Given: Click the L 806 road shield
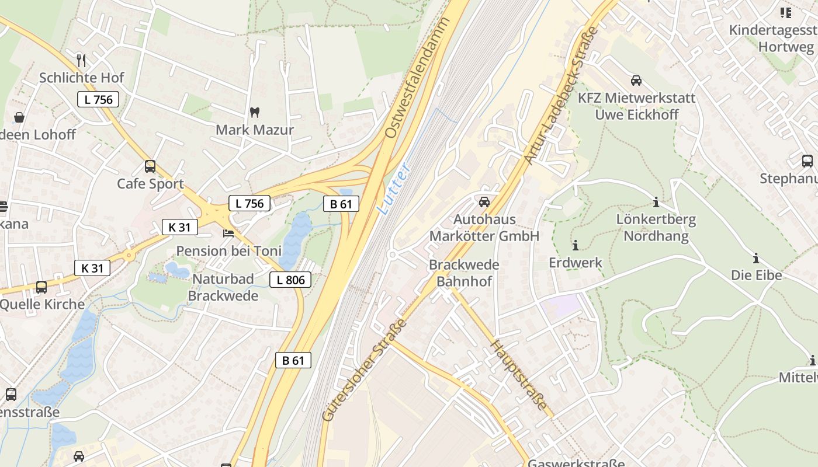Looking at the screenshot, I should click(x=290, y=280).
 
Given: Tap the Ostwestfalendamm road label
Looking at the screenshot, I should click(x=418, y=78).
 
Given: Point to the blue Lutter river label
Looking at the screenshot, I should click(x=394, y=188).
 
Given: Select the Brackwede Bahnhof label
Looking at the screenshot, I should click(x=464, y=273).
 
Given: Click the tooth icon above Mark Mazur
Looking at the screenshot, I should click(x=255, y=112).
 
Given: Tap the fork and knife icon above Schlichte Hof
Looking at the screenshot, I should click(x=81, y=60).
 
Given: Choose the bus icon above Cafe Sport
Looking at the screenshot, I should click(x=150, y=166).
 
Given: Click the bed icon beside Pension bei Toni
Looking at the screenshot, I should click(x=228, y=233).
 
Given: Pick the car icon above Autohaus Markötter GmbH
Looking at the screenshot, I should click(x=484, y=202).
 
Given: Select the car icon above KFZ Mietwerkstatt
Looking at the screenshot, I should click(x=636, y=81).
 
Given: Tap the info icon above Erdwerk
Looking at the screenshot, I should click(x=575, y=245).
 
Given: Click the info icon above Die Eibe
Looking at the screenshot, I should click(x=756, y=258).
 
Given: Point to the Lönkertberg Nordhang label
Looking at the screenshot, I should click(x=656, y=228).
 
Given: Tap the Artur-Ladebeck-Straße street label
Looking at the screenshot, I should click(x=561, y=95).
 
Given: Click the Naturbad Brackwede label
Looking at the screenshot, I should click(x=223, y=287).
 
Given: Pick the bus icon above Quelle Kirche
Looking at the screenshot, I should click(x=41, y=287).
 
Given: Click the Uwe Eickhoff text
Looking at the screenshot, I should click(x=637, y=114).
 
